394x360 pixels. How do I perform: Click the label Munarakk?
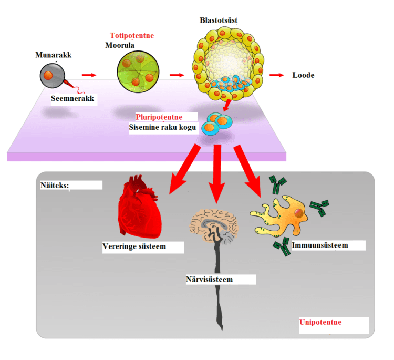click(x=53, y=55)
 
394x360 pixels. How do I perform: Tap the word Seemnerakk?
click(x=72, y=98)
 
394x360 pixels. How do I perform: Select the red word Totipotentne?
click(x=132, y=36)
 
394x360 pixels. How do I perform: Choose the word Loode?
click(x=303, y=75)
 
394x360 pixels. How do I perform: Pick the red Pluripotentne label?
click(x=159, y=117)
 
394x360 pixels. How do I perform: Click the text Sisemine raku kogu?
click(x=163, y=127)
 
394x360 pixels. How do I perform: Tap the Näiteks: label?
click(x=55, y=186)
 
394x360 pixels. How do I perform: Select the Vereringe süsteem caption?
click(x=134, y=246)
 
